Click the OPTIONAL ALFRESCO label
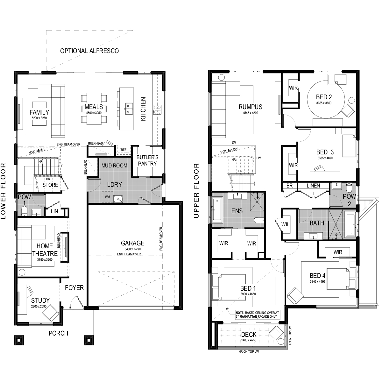click(89, 51)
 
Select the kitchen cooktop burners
click(157, 110)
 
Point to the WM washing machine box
click(108, 197)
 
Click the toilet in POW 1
click(24, 211)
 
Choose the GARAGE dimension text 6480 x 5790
click(133, 249)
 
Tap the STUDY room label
click(40, 300)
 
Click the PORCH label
click(59, 333)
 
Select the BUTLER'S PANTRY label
click(147, 160)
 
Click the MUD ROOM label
click(114, 166)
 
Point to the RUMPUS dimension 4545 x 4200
click(251, 113)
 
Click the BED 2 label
click(324, 97)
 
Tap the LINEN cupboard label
click(314, 186)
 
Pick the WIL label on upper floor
click(286, 224)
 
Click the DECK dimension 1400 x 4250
click(249, 340)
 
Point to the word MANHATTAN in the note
click(248, 316)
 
